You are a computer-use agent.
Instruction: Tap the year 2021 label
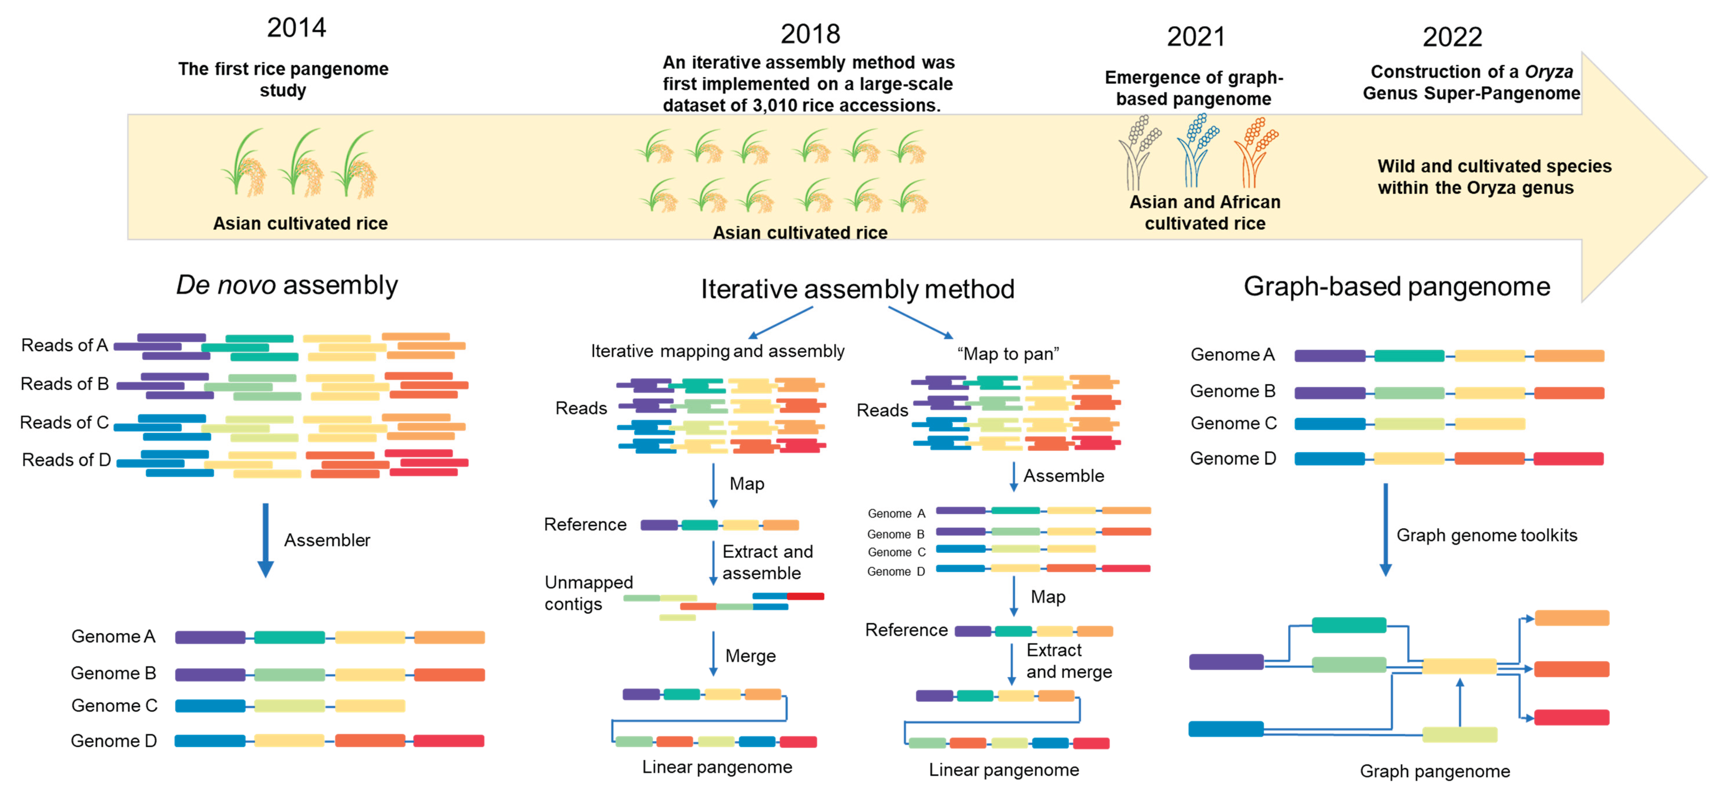tap(1196, 37)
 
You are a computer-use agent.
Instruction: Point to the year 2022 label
tap(1452, 37)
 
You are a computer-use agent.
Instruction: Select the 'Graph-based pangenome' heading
tap(1397, 286)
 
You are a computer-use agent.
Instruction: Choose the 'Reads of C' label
tap(64, 423)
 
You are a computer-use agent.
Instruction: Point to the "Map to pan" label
tap(1008, 354)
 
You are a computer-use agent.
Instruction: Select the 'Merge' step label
tap(750, 656)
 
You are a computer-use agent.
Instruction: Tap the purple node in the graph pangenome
tap(1226, 662)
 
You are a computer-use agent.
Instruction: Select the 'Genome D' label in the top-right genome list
tap(1233, 459)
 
